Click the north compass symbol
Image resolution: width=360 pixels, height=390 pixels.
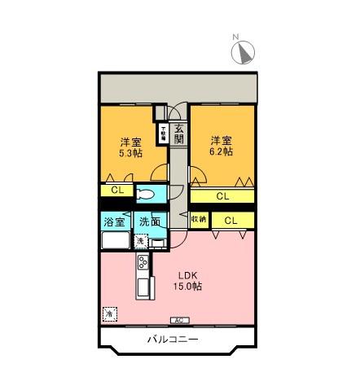[x=244, y=53]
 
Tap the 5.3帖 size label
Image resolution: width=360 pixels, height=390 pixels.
[x=130, y=152]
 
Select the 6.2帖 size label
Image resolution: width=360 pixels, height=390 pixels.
[x=222, y=151]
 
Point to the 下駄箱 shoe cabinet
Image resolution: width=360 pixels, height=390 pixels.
[x=163, y=133]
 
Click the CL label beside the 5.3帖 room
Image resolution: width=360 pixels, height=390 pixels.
[x=117, y=191]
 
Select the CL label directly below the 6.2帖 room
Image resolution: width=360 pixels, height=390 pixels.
[x=222, y=196]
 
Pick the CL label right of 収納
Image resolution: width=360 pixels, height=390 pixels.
[x=230, y=220]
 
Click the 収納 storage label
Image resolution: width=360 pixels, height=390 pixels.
[x=199, y=220]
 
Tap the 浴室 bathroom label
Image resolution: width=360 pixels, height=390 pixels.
[x=114, y=221]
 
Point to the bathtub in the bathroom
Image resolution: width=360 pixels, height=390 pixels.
[x=114, y=241]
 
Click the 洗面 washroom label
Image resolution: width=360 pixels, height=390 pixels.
[x=148, y=221]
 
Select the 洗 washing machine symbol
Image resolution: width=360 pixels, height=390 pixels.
[x=140, y=241]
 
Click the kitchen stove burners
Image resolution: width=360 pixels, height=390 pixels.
[x=143, y=262]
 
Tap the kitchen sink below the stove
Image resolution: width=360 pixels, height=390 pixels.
[x=144, y=288]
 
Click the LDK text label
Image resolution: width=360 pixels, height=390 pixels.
[x=188, y=274]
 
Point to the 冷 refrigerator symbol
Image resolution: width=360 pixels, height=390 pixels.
[x=108, y=313]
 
